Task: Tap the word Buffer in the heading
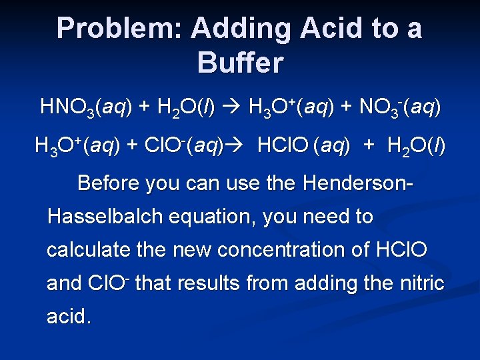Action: pyautogui.click(x=240, y=63)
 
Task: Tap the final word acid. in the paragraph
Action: pyautogui.click(x=69, y=317)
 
